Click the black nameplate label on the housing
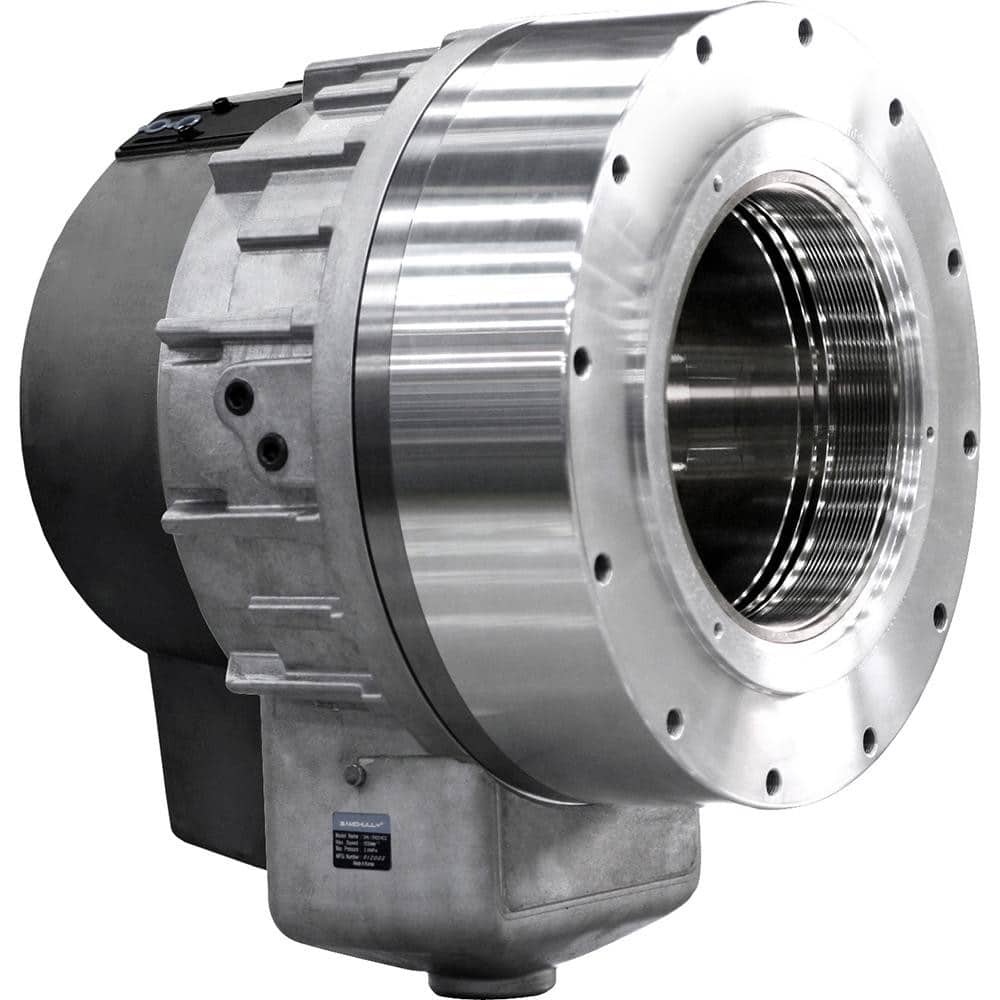pos(361,841)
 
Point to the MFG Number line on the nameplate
pos(361,854)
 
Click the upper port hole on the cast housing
pos(239,398)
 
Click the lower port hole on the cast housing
pos(271,451)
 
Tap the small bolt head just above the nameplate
pos(351,774)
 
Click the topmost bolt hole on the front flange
pos(805,32)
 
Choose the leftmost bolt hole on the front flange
pos(581,361)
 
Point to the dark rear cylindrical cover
pos(90,400)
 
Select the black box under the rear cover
pos(200,750)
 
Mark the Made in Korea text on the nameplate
pos(361,863)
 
